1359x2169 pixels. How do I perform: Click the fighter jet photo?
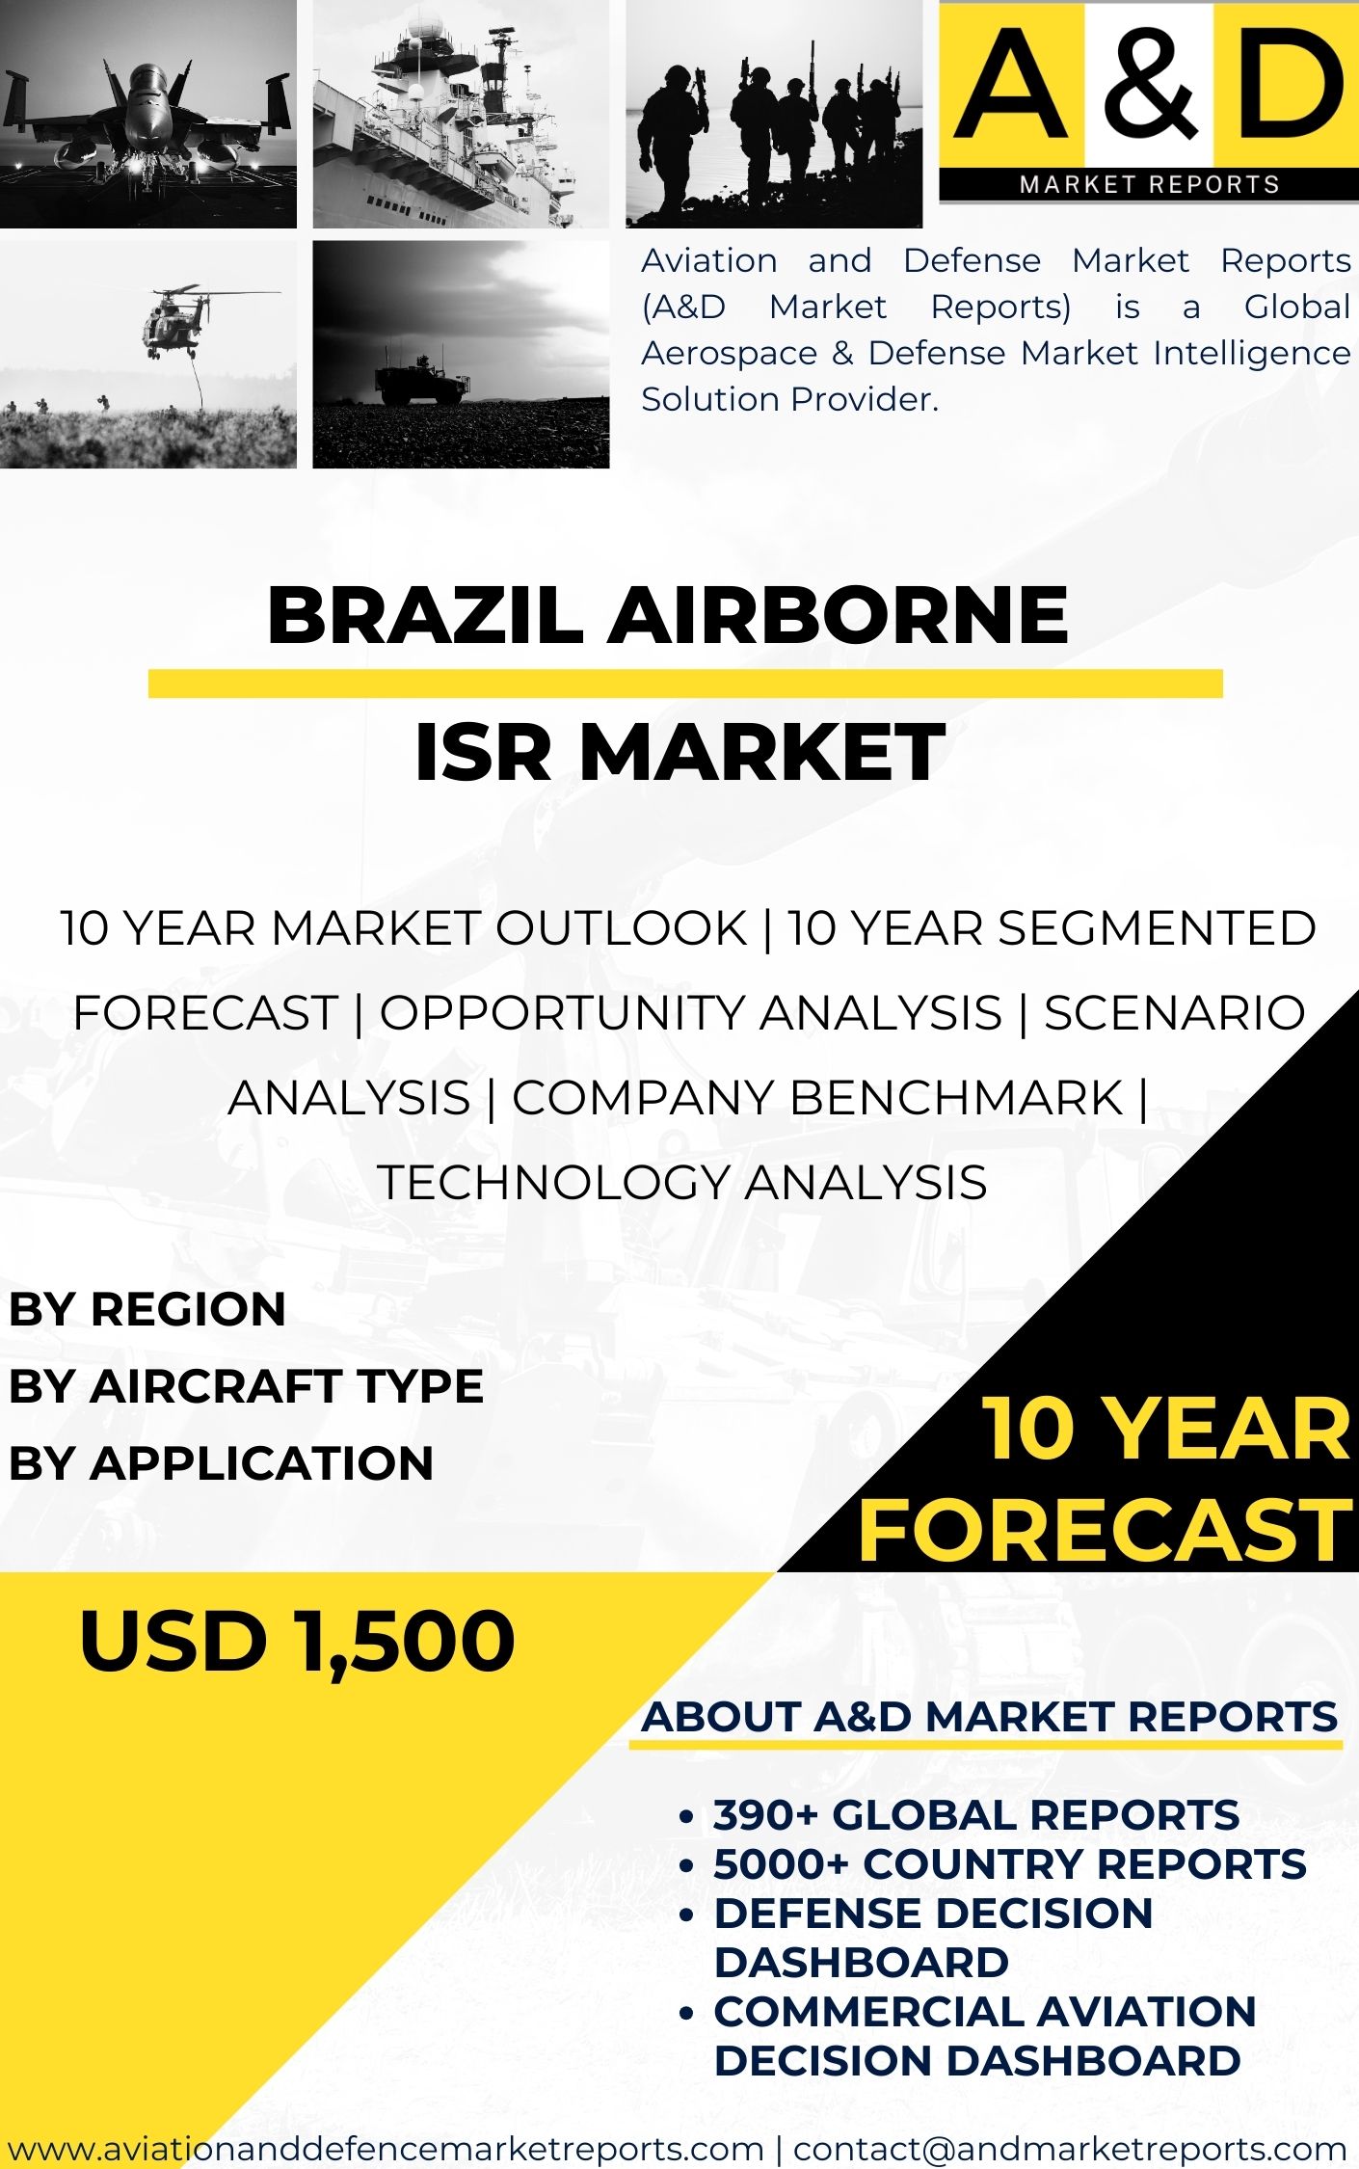click(x=148, y=114)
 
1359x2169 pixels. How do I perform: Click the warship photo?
click(x=461, y=114)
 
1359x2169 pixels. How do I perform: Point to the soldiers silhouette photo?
click(x=774, y=114)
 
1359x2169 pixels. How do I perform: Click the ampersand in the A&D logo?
click(x=1151, y=82)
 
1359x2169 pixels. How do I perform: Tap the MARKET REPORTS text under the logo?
click(x=1150, y=184)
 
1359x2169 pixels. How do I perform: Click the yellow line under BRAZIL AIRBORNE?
click(x=685, y=683)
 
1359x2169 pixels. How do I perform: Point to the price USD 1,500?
click(x=297, y=1642)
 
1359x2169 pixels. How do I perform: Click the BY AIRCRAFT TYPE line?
click(x=246, y=1386)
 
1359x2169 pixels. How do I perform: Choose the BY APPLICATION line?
click(x=221, y=1463)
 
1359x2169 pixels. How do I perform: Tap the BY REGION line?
click(x=147, y=1309)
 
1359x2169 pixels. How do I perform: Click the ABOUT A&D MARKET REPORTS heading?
click(x=990, y=1717)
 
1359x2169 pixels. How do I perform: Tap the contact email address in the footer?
click(x=1070, y=2148)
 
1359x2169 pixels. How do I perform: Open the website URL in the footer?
click(x=386, y=2148)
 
